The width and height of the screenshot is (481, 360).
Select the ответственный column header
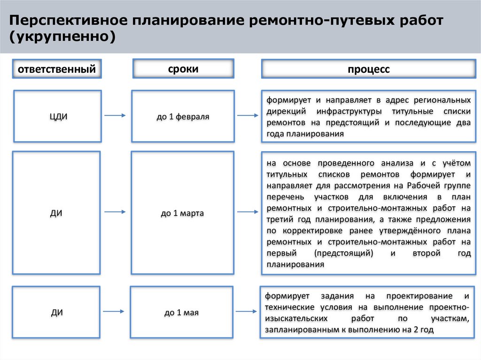57,69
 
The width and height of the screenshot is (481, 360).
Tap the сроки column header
183,69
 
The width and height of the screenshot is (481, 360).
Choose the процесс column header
369,69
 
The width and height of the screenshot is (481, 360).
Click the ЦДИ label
57,116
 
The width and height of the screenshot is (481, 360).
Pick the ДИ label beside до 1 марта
57,213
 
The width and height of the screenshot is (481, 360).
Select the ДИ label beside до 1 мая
57,312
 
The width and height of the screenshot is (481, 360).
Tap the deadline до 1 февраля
183,116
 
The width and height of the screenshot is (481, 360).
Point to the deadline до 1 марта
182,213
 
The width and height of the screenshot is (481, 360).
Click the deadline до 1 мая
182,312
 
